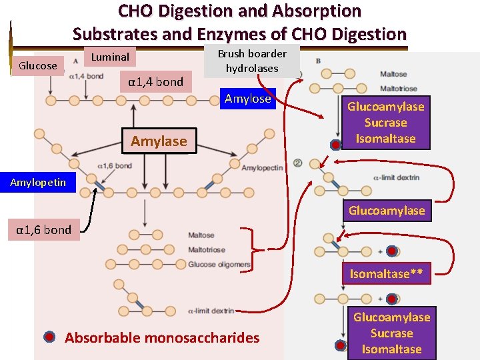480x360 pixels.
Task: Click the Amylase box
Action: click(159, 141)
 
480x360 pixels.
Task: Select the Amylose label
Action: click(248, 99)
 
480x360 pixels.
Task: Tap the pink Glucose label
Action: click(38, 65)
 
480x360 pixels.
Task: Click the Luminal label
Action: click(110, 57)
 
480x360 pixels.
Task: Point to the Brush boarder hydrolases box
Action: click(252, 61)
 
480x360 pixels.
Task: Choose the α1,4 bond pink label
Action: click(155, 82)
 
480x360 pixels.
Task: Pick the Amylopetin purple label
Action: click(38, 183)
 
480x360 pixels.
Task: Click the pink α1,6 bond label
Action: click(44, 230)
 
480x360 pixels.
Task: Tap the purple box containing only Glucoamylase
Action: click(386, 211)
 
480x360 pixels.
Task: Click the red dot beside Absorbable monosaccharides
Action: click(49, 337)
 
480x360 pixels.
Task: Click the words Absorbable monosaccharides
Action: click(162, 337)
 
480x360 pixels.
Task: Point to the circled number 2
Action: click(297, 163)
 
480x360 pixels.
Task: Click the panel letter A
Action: click(76, 62)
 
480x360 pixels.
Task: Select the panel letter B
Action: click(317, 62)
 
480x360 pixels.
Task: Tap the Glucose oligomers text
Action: click(219, 265)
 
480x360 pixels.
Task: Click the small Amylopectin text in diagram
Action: click(262, 167)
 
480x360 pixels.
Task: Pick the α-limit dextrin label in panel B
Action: click(396, 177)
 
